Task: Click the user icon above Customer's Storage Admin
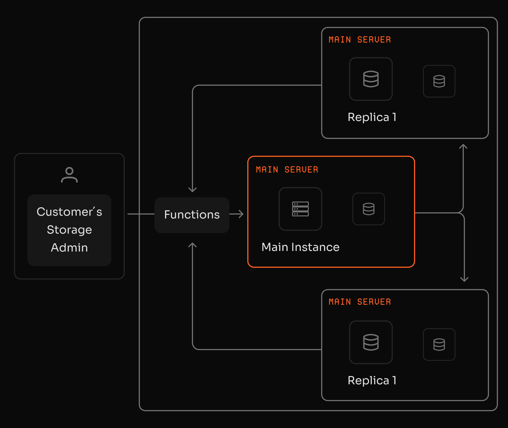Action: point(69,175)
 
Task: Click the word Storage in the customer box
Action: point(69,230)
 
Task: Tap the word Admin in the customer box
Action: point(69,248)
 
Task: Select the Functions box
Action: point(192,215)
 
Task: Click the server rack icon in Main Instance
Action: point(300,209)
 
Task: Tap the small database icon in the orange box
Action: point(368,209)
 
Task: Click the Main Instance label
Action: point(300,247)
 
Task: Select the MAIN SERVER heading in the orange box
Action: point(287,169)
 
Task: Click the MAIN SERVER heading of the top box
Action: point(360,39)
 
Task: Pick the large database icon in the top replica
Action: point(371,79)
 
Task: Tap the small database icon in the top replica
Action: point(439,81)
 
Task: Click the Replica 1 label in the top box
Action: point(372,117)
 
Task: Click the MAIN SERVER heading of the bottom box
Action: point(360,302)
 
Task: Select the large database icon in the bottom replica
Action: point(371,342)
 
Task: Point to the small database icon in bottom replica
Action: point(439,345)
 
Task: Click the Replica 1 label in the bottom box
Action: point(372,380)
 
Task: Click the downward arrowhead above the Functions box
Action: point(192,190)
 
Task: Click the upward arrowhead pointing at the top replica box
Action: point(463,146)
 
